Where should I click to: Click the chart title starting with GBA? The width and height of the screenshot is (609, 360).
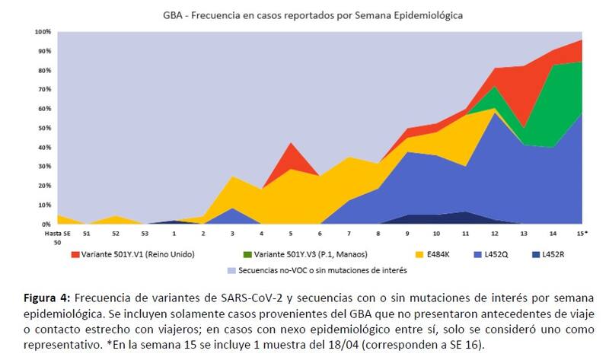[x=314, y=14]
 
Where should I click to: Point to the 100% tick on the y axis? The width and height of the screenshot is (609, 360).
[x=43, y=32]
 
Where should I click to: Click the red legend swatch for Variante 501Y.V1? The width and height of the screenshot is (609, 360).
[x=75, y=254]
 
